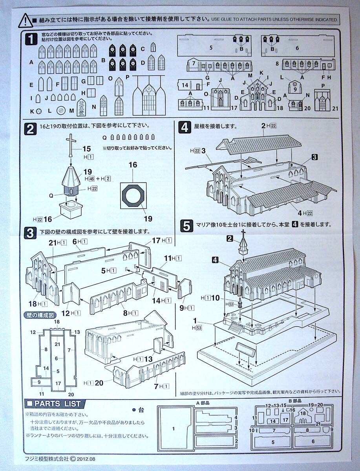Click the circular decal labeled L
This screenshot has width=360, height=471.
pos(61,111)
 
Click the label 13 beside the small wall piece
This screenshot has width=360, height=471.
pos(148,359)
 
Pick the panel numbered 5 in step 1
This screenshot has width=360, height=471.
pos(211,47)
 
